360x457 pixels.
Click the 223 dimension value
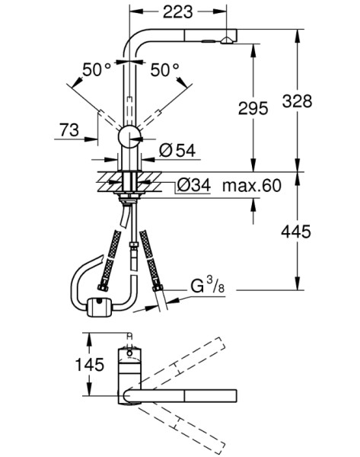click(x=177, y=12)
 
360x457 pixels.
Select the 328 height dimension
click(x=297, y=101)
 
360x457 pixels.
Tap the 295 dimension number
click(x=253, y=108)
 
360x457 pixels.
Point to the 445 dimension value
click(x=296, y=232)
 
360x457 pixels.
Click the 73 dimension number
click(x=69, y=130)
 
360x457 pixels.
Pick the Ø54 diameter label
click(x=177, y=150)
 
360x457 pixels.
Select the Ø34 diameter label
click(x=193, y=185)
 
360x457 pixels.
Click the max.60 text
click(x=252, y=185)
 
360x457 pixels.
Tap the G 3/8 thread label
click(x=208, y=286)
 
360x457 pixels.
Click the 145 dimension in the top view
click(x=89, y=364)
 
